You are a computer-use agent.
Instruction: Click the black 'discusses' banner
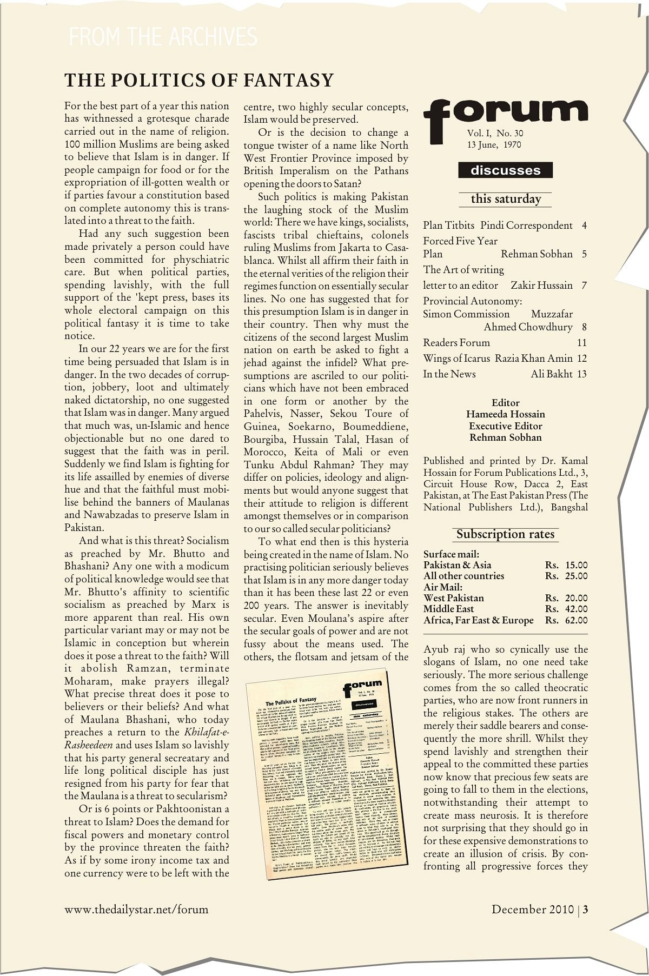(505, 170)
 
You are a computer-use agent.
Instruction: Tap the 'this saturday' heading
(505, 199)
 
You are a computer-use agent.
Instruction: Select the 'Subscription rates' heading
(505, 534)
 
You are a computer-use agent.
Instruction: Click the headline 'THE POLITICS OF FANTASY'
(199, 81)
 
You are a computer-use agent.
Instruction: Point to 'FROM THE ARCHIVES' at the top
(163, 37)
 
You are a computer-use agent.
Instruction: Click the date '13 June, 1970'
(494, 145)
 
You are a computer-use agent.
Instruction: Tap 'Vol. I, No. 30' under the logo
(495, 133)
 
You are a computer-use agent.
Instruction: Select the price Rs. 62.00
(566, 620)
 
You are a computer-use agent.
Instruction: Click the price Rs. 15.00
(566, 565)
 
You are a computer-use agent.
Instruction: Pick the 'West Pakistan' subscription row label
(453, 598)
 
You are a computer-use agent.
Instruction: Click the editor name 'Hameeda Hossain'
(505, 414)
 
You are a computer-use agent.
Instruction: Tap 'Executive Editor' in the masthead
(505, 426)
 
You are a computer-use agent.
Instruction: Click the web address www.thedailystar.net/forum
(136, 909)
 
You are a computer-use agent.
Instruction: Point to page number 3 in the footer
(585, 909)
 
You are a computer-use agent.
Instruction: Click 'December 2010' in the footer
(532, 909)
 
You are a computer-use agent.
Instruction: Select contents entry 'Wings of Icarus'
(456, 358)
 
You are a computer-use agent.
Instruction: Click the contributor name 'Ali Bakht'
(551, 374)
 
